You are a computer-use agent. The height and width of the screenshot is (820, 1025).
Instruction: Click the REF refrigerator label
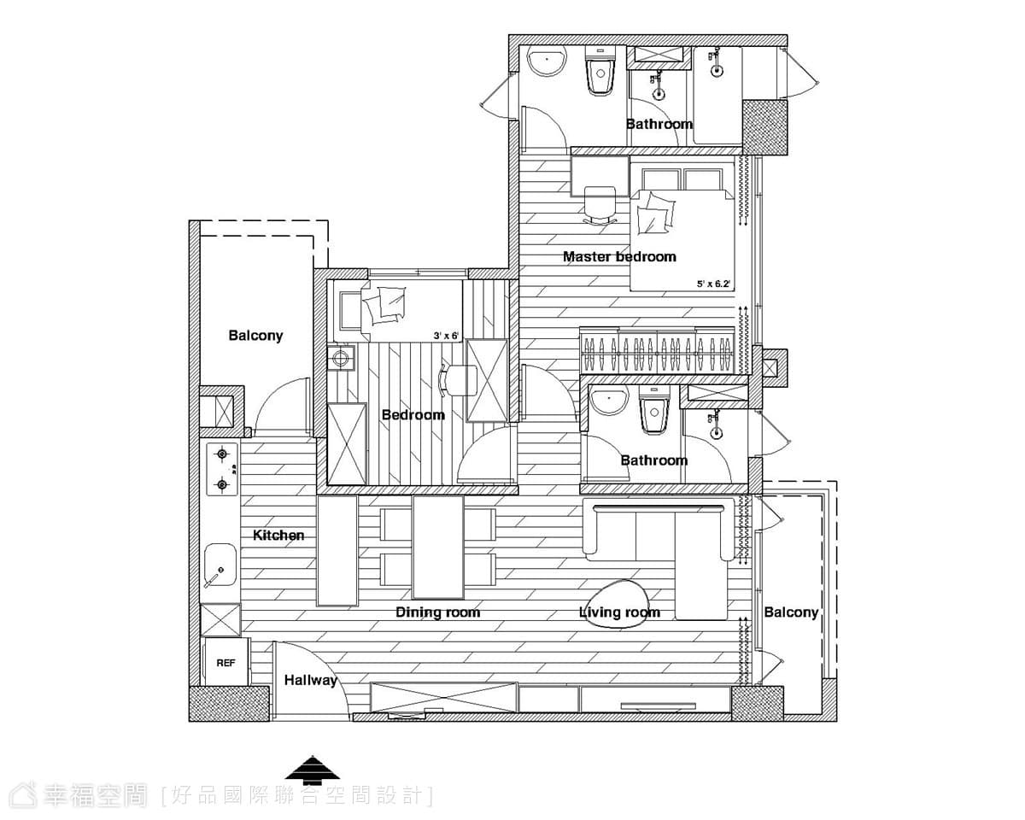pyautogui.click(x=225, y=663)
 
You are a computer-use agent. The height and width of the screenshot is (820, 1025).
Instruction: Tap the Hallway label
pyautogui.click(x=311, y=681)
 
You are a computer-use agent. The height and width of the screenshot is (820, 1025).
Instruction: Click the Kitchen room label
pyautogui.click(x=278, y=535)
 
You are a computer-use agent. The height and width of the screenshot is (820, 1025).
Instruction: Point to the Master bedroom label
pyautogui.click(x=619, y=257)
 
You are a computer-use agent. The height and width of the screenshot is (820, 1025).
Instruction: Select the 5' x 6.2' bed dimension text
pyautogui.click(x=713, y=284)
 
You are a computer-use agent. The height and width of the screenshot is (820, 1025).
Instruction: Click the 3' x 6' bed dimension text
pyautogui.click(x=446, y=336)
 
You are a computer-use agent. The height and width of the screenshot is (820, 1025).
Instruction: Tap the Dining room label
pyautogui.click(x=437, y=612)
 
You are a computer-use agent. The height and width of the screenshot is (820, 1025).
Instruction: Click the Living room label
pyautogui.click(x=619, y=612)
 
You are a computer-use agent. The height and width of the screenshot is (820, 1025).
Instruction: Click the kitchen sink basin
pyautogui.click(x=220, y=565)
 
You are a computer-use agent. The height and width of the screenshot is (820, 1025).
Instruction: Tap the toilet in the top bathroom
pyautogui.click(x=600, y=71)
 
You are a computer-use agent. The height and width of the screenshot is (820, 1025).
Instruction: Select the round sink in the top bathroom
pyautogui.click(x=548, y=61)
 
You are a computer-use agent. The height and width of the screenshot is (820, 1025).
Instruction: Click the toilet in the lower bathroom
pyautogui.click(x=654, y=410)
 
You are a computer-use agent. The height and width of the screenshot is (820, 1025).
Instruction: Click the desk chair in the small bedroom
pyautogui.click(x=458, y=380)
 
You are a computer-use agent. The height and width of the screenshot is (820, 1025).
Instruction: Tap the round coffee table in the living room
pyautogui.click(x=619, y=605)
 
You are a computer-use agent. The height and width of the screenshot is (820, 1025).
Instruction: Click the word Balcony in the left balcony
pyautogui.click(x=255, y=336)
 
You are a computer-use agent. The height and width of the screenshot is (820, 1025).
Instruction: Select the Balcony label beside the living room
pyautogui.click(x=791, y=612)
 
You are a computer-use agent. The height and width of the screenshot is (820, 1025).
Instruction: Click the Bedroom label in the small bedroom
pyautogui.click(x=413, y=414)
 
